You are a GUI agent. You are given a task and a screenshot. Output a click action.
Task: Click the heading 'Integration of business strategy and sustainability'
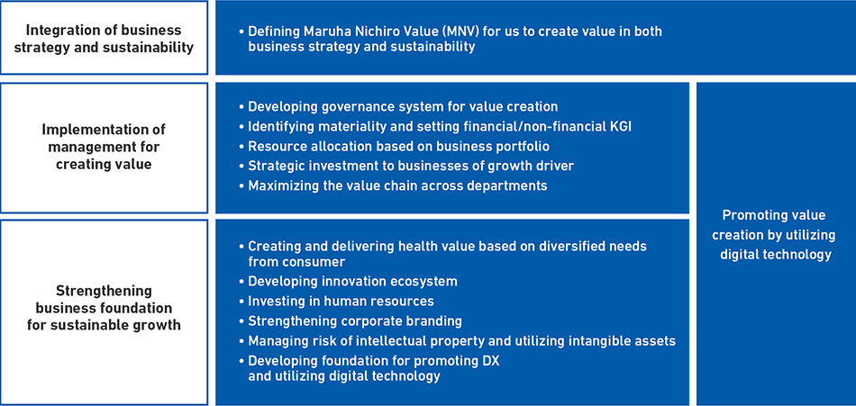pyautogui.click(x=104, y=38)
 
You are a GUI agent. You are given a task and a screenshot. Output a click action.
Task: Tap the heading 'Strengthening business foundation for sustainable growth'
pyautogui.click(x=104, y=308)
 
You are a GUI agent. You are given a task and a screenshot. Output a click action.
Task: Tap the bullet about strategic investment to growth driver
pyautogui.click(x=406, y=166)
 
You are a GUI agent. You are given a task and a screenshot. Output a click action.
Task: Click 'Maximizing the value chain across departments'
pyautogui.click(x=393, y=185)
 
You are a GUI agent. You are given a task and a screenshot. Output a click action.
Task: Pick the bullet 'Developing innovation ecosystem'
pyautogui.click(x=349, y=282)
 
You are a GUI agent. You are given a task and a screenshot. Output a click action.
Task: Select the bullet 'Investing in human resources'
pyautogui.click(x=337, y=302)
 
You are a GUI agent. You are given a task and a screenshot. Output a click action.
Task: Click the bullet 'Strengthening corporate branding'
pyautogui.click(x=351, y=320)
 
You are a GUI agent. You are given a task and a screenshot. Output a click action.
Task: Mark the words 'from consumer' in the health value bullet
pyautogui.click(x=296, y=262)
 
